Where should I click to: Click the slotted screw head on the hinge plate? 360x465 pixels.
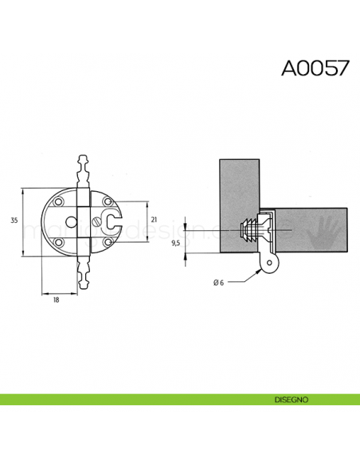[99, 219]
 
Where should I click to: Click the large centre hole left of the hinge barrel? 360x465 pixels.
[71, 221]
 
